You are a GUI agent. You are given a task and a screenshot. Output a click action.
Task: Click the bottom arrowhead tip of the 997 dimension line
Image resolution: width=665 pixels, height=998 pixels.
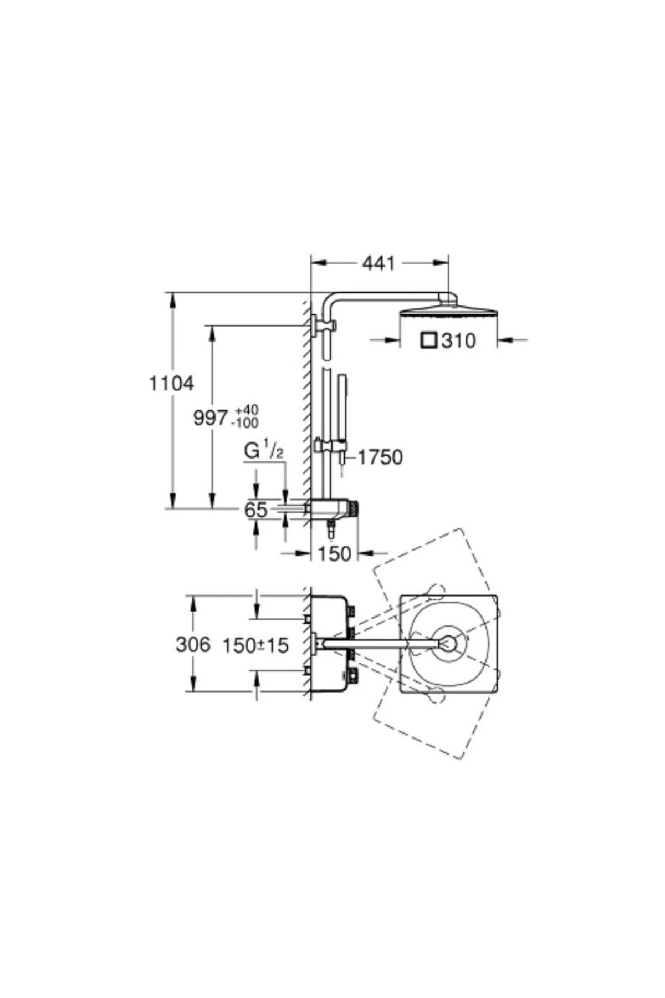211,508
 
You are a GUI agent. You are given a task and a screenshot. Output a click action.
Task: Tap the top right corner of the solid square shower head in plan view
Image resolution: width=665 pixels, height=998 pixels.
497,595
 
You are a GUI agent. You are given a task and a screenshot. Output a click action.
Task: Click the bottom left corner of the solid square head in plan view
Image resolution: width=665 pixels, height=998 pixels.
400,692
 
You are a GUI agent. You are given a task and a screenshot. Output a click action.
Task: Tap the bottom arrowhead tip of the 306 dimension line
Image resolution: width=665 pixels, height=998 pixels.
193,691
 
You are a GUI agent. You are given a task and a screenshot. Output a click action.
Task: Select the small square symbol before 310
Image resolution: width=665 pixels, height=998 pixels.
428,340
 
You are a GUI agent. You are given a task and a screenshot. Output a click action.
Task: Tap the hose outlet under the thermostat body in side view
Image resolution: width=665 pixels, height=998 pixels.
331,528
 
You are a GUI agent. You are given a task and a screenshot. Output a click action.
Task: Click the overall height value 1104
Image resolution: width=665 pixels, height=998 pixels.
171,383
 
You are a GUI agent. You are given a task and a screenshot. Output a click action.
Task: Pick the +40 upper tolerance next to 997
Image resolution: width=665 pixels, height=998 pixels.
247,410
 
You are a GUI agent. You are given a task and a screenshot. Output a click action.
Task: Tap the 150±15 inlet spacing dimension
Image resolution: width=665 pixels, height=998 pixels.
255,645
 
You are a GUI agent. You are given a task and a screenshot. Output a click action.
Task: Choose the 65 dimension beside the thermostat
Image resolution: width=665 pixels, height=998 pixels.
256,510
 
